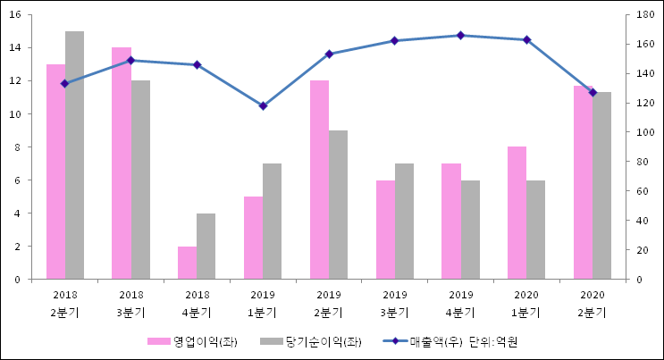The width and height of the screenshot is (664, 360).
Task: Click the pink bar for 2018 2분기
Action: point(55,172)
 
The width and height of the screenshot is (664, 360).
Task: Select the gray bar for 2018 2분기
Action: point(74,155)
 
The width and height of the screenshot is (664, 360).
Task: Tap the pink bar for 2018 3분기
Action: point(122,163)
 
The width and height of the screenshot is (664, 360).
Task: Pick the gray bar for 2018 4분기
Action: point(206,247)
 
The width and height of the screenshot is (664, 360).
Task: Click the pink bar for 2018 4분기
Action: point(187,263)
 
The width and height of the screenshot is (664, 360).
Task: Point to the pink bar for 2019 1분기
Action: point(253,238)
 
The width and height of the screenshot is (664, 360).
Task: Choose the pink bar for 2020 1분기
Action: point(517,213)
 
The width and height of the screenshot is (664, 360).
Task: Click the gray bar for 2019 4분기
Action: point(470,230)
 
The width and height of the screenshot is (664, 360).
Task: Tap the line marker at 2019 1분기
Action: point(263,106)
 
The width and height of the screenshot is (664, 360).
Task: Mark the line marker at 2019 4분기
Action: point(461,36)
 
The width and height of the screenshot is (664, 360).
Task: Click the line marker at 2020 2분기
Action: point(593,93)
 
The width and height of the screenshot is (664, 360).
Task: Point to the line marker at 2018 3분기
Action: point(130,61)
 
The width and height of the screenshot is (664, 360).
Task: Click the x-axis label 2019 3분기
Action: point(395,303)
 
